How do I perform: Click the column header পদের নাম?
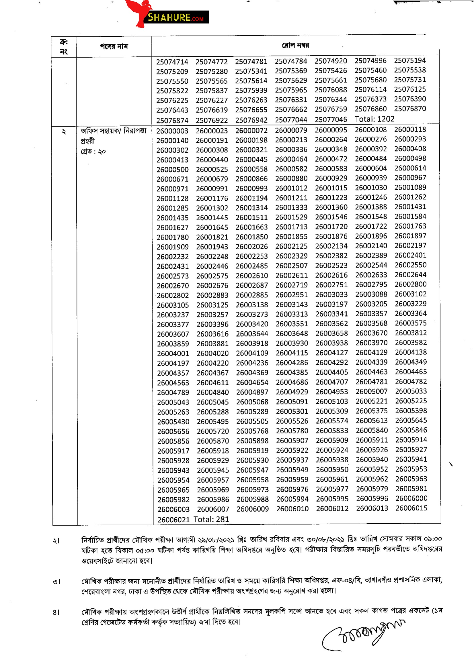point(114,46)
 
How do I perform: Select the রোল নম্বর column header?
point(295,45)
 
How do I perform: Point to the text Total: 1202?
point(374,119)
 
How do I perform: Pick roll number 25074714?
point(172,62)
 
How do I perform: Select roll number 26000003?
point(172,131)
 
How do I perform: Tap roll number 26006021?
point(173,520)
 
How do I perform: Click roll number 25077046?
point(331,119)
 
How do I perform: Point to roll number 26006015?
point(411,508)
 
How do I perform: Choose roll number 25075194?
point(410,60)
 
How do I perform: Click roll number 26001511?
point(251,217)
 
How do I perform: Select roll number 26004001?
point(173,354)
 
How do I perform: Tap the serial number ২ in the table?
point(64,131)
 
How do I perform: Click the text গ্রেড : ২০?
point(93,152)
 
